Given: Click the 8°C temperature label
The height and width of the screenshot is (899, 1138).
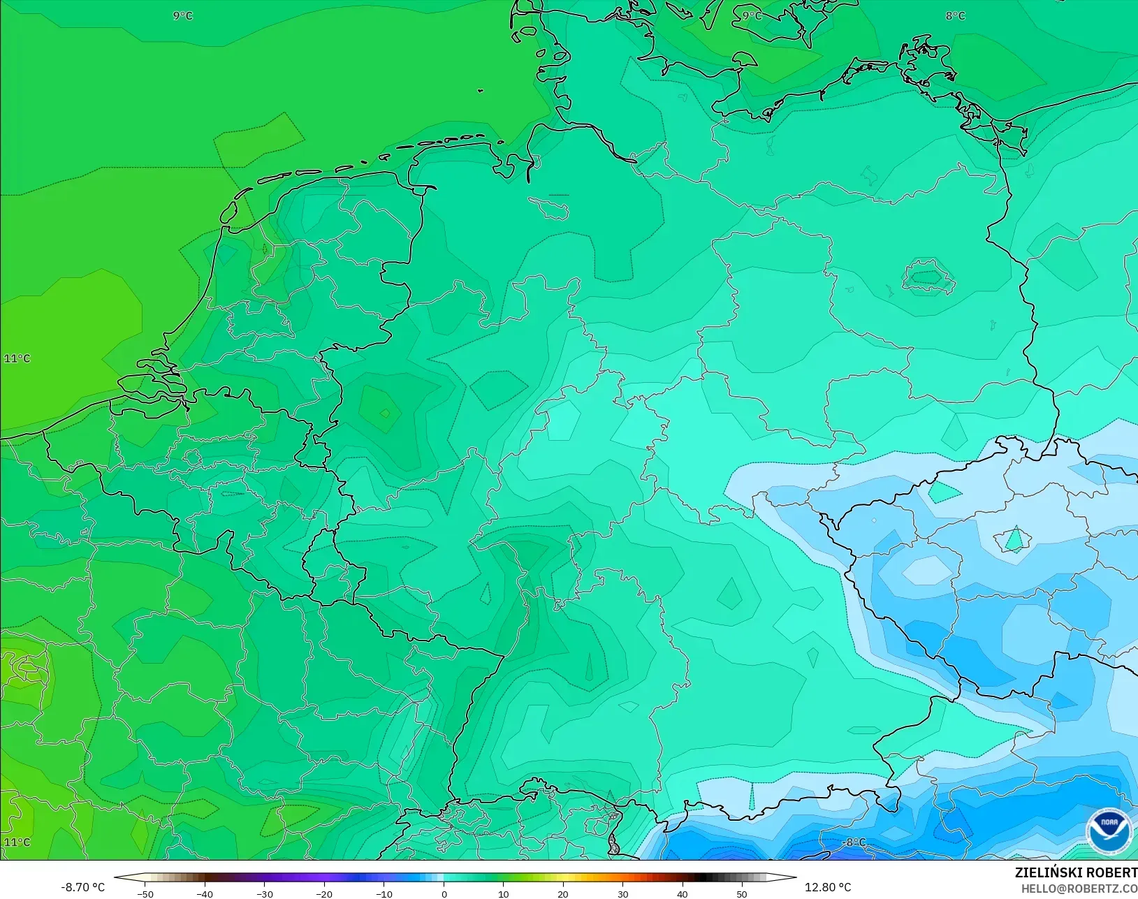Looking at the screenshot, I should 955,15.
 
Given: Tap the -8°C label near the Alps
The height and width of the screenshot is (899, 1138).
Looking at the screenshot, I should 854,842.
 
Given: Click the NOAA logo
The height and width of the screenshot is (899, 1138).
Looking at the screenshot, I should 1109,831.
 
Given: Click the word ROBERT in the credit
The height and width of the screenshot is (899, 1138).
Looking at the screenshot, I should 1111,872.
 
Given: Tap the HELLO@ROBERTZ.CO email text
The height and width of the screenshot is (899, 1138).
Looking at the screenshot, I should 1079,889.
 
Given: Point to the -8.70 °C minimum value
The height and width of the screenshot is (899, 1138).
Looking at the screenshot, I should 82,887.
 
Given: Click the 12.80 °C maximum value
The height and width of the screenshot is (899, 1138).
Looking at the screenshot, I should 828,887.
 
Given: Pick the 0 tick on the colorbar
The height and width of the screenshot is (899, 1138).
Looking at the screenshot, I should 444,893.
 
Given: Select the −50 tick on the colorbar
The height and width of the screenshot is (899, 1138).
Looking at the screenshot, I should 145,893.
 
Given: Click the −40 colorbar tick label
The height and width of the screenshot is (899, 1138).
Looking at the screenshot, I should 204,893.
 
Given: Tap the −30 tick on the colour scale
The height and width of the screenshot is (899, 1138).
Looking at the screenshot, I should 264,893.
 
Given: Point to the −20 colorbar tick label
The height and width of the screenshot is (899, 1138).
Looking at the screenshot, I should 323,893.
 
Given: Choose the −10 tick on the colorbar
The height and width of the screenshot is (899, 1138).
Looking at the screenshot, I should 384,893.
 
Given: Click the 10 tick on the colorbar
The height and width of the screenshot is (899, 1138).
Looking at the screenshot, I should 504,893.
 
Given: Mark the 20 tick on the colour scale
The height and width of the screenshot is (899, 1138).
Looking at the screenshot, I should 563,893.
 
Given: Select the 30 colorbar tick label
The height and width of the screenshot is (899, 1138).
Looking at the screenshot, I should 623,893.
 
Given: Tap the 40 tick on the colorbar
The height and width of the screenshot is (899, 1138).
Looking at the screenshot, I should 683,893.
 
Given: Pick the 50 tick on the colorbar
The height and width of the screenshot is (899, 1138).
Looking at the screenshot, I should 742,893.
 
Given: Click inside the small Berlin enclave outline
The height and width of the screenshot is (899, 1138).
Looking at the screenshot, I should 928,277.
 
